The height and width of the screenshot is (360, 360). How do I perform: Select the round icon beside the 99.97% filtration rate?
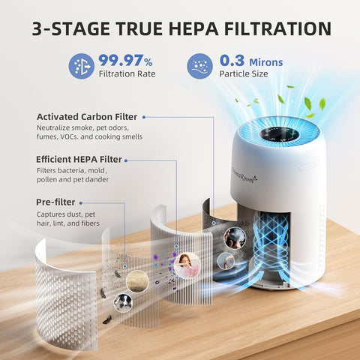[82, 66]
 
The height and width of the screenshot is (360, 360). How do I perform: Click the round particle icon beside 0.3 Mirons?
[199, 66]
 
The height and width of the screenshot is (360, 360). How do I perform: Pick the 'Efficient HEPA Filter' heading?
[78, 160]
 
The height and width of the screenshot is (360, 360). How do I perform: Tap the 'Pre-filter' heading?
[54, 202]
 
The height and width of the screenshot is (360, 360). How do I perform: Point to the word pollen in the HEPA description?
[49, 180]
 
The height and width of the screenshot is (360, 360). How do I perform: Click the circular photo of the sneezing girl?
[186, 265]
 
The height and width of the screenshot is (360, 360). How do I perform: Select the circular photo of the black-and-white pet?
[123, 301]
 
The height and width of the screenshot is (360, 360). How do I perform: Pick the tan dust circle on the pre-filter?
[136, 280]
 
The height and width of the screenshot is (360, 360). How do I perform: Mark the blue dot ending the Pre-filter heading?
[82, 202]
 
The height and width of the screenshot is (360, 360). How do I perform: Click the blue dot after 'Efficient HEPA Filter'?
[127, 160]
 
